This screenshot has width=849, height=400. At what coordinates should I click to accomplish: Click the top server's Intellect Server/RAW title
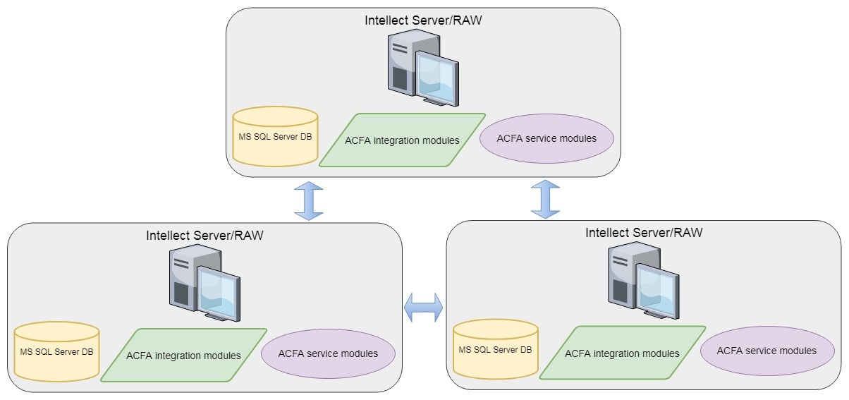[423, 20]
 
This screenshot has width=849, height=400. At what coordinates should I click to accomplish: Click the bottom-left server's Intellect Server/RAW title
[204, 235]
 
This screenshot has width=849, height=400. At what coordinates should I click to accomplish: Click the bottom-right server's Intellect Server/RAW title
[644, 232]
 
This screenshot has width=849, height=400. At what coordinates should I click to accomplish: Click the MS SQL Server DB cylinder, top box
[275, 137]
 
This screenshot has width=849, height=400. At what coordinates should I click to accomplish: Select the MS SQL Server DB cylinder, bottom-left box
[56, 352]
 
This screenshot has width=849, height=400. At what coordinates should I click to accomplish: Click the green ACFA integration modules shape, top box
[402, 140]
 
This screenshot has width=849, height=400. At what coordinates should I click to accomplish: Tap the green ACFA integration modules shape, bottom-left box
[183, 355]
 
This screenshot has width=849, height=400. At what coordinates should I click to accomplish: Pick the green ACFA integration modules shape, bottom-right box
[623, 353]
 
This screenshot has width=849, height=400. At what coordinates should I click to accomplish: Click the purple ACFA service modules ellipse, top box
[546, 138]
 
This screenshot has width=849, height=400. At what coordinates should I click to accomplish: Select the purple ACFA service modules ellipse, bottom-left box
[328, 353]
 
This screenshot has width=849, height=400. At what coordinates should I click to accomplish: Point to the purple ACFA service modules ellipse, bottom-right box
[766, 351]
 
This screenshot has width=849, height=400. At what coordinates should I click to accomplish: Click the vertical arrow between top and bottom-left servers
[308, 200]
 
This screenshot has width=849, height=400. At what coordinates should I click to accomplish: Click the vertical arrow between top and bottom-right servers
[545, 198]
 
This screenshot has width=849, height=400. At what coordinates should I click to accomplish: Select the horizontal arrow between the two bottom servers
[423, 308]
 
